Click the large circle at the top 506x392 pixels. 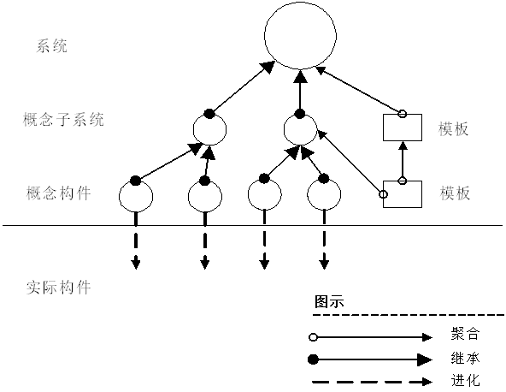tap(298, 39)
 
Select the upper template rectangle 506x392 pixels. tap(401, 128)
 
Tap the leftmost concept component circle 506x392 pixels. tap(134, 196)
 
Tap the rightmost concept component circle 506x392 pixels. tap(323, 196)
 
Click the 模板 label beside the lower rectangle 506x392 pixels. tap(455, 193)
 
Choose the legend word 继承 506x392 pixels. tap(458, 357)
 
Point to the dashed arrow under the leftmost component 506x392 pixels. tap(135, 248)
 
